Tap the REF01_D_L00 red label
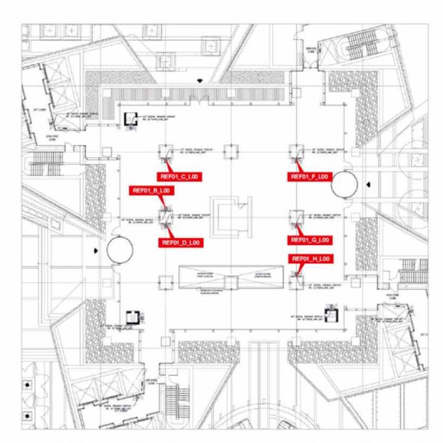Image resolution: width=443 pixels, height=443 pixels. pos(181,243)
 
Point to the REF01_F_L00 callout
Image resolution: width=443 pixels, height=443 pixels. pos(310,176)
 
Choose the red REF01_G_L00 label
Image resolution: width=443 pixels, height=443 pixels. pos(310,239)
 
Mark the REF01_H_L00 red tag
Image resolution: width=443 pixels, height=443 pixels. pos(310,259)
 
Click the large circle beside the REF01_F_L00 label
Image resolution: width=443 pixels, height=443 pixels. pos(344,185)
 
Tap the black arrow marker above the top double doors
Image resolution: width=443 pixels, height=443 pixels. pos(201,81)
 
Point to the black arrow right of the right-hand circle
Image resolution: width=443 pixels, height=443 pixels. pos(369,184)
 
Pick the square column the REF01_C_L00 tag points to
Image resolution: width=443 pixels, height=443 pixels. pos(165,152)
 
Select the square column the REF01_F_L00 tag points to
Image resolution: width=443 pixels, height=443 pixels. pos(295,152)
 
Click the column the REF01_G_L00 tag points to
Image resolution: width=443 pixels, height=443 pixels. pos(295,216)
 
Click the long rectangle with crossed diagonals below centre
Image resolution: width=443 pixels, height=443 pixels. pos(230,278)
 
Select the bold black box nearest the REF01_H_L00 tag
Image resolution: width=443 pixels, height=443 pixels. pos(330,314)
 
